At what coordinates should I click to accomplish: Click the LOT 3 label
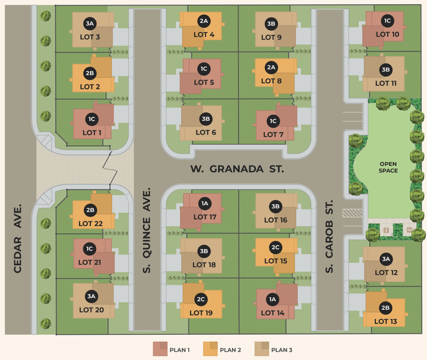click(90, 37)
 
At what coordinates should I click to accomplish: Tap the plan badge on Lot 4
click(204, 20)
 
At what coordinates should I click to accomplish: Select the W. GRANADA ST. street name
click(237, 169)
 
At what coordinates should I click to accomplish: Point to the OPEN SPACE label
click(388, 167)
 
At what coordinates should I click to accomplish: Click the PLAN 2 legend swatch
click(210, 349)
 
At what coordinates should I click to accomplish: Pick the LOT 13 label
click(386, 321)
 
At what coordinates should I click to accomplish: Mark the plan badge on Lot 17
click(205, 203)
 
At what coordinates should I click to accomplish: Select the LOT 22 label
click(91, 224)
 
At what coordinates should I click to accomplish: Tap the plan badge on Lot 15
click(275, 248)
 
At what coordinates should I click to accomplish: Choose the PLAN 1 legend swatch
click(160, 349)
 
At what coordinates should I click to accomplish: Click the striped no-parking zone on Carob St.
click(352, 212)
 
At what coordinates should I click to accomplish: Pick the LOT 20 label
click(91, 310)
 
